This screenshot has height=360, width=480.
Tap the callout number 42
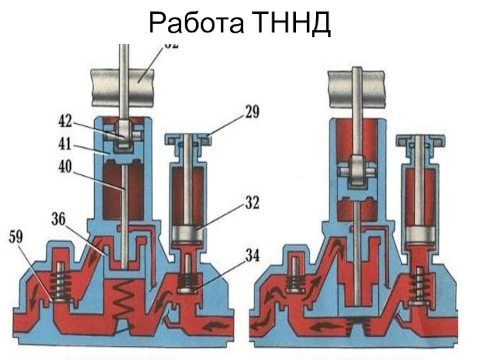click(64, 122)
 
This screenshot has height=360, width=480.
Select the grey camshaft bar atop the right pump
click(356, 84)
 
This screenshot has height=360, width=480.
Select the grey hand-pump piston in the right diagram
click(422, 233)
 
